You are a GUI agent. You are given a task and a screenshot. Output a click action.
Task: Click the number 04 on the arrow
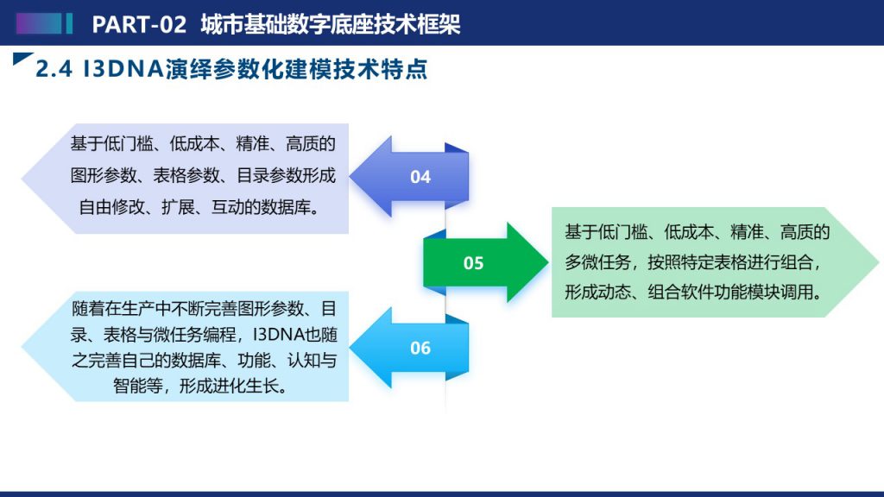pyautogui.click(x=420, y=177)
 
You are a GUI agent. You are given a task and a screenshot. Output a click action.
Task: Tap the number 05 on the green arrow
pyautogui.click(x=474, y=263)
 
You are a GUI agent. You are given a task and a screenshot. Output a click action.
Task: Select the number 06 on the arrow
pyautogui.click(x=420, y=349)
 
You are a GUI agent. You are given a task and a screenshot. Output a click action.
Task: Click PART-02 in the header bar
pyautogui.click(x=139, y=24)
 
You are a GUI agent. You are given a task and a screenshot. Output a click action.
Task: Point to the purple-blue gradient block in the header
pyautogui.click(x=38, y=23)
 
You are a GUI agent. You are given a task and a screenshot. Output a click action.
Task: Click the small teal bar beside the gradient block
pyautogui.click(x=69, y=23)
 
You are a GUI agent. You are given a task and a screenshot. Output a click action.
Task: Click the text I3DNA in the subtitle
pyautogui.click(x=123, y=69)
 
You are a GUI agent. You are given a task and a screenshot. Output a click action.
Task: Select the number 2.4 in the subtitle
pyautogui.click(x=54, y=69)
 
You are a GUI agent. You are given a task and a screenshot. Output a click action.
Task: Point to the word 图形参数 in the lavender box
pyautogui.click(x=104, y=176)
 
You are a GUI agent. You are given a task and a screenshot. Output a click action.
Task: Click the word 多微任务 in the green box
pyautogui.click(x=597, y=262)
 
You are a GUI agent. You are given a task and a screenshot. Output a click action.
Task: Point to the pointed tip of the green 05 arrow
pyautogui.click(x=548, y=262)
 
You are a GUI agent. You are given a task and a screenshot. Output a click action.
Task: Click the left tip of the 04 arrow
pyautogui.click(x=350, y=176)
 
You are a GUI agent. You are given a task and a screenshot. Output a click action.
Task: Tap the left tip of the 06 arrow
pyautogui.click(x=350, y=347)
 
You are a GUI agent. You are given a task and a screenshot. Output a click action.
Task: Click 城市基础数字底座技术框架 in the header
pyautogui.click(x=331, y=24)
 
